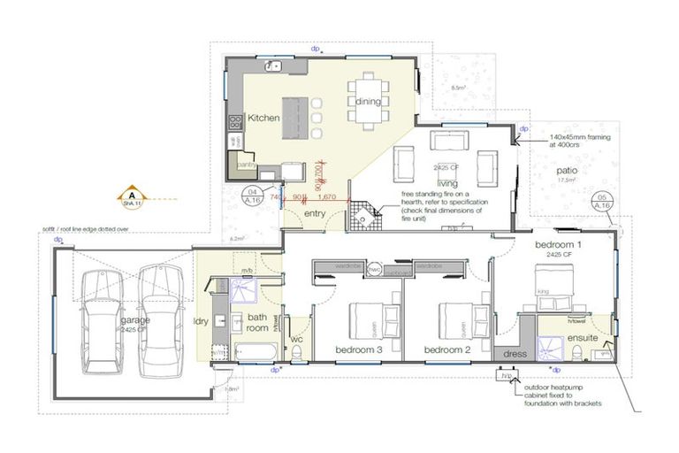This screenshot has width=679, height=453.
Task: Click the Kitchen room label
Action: point(263,118)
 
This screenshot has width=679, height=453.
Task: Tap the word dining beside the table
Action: point(369,102)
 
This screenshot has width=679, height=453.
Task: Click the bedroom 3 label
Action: point(359,350)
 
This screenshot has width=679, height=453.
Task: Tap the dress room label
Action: point(515,354)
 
